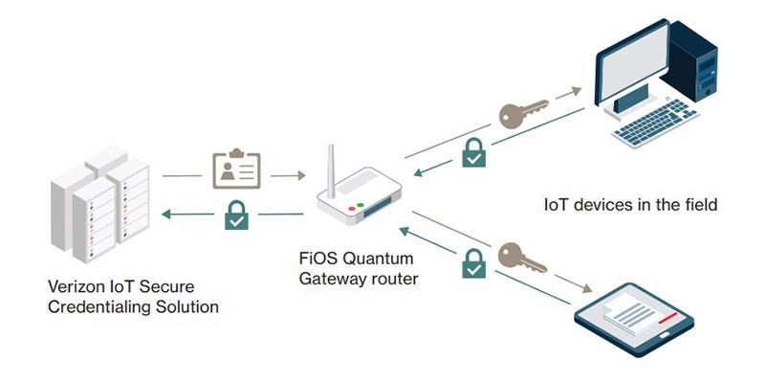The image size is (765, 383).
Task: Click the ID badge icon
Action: click(235, 171)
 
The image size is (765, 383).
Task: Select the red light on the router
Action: click(352, 207)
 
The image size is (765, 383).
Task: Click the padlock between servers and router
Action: click(236, 215)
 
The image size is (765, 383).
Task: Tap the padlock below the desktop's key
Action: click(473, 152)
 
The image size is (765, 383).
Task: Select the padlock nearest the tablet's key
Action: click(473, 262)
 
